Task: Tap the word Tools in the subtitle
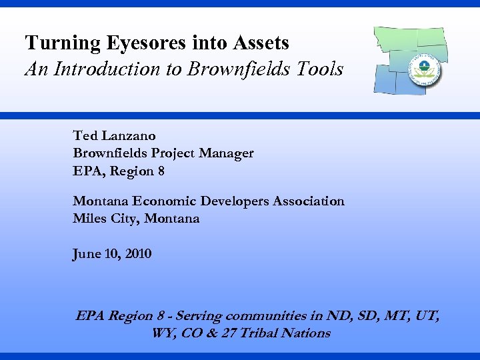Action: click(322, 69)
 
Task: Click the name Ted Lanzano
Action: click(114, 135)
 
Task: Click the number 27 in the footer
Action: click(229, 333)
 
